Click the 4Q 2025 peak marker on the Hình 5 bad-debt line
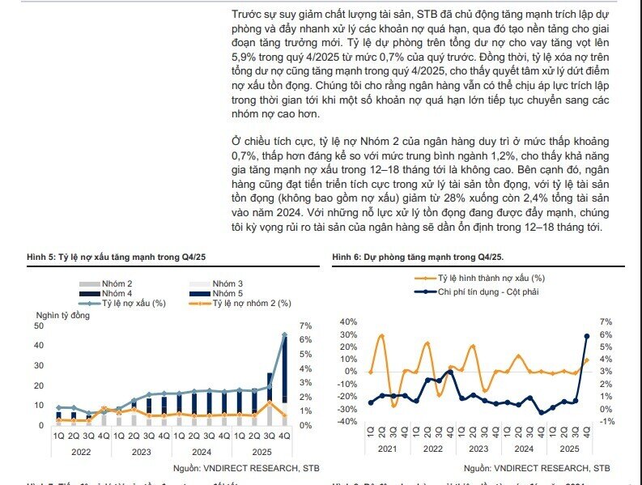pyautogui.click(x=284, y=334)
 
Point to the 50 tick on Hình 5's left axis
pyautogui.click(x=40, y=325)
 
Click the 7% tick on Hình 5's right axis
pyautogui.click(x=304, y=326)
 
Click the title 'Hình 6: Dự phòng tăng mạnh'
pyautogui.click(x=417, y=257)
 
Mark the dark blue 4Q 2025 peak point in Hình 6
pyautogui.click(x=586, y=335)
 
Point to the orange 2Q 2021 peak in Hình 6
pyautogui.click(x=381, y=335)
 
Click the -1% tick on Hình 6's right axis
pyautogui.click(x=607, y=421)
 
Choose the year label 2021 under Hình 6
pyautogui.click(x=388, y=448)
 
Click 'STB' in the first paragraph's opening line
pyautogui.click(x=426, y=15)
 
